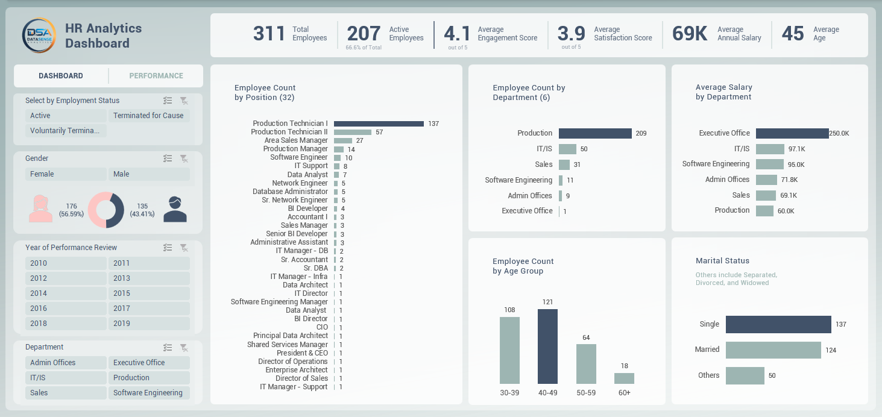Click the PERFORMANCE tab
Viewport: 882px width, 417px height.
[x=156, y=76]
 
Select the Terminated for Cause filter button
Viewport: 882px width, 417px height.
[x=148, y=116]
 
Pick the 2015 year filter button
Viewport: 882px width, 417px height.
[x=149, y=293]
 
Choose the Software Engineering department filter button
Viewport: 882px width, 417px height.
[x=149, y=393]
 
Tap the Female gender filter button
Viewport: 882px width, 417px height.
[x=66, y=174]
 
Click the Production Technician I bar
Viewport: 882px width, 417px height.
[x=379, y=124]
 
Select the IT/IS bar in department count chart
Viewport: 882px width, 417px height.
[x=567, y=149]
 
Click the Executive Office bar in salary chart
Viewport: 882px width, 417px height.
[x=792, y=133]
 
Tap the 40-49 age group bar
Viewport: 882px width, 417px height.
[x=547, y=346]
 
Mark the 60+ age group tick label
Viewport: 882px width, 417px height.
[x=624, y=393]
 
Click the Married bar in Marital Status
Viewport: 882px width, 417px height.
[x=773, y=350]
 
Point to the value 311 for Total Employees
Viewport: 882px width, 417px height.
[x=269, y=34]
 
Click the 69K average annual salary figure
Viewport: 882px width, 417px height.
[x=690, y=34]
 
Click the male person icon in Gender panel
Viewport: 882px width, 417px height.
[x=175, y=210]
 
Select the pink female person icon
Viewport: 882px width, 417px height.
[x=41, y=209]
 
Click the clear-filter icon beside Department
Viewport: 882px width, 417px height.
[x=184, y=348]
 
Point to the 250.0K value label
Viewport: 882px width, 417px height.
[x=839, y=134]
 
